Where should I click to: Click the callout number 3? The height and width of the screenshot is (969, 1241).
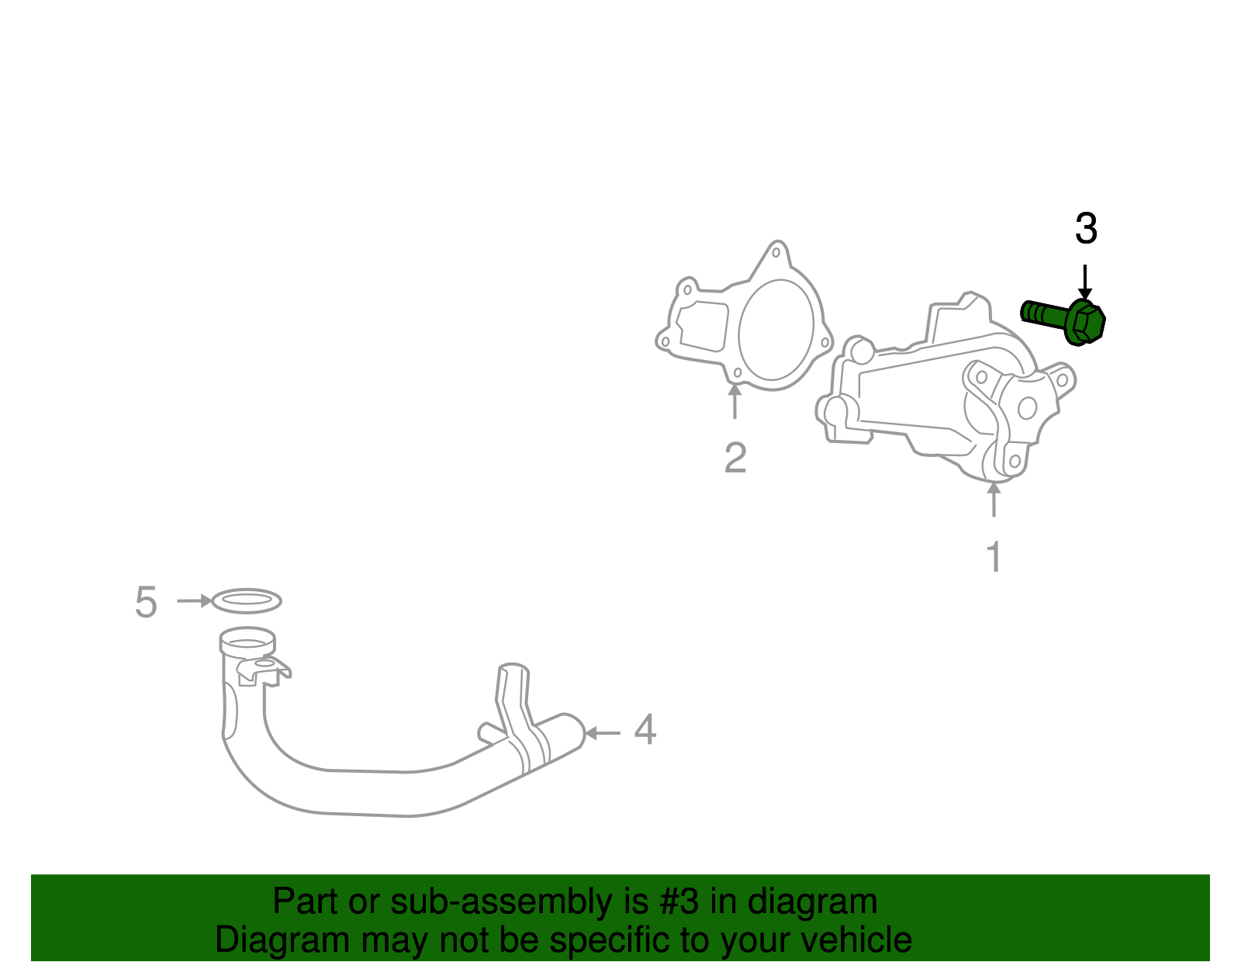pyautogui.click(x=1086, y=230)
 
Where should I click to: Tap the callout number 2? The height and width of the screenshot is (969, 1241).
pyautogui.click(x=735, y=458)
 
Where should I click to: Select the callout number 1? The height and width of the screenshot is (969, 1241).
pyautogui.click(x=994, y=557)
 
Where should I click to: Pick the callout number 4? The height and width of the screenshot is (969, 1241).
pyautogui.click(x=645, y=731)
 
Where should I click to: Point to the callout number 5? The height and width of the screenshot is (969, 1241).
pyautogui.click(x=146, y=602)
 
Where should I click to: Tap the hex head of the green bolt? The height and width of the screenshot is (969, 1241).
pyautogui.click(x=1086, y=322)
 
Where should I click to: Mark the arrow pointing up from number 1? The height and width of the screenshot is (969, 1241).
pyautogui.click(x=994, y=500)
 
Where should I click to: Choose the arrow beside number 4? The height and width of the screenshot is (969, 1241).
pyautogui.click(x=602, y=732)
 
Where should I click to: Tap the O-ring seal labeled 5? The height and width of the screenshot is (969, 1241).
pyautogui.click(x=246, y=600)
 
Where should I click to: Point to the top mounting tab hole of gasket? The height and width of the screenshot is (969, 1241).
pyautogui.click(x=776, y=252)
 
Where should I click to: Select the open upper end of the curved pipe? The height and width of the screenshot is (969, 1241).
pyautogui.click(x=247, y=642)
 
